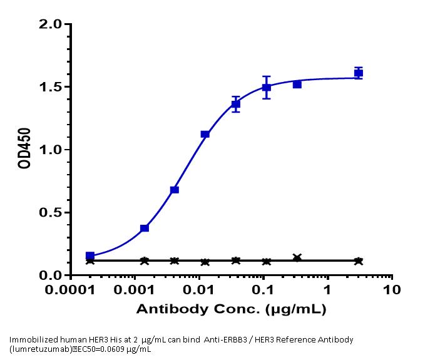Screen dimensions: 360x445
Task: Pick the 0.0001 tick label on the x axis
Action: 72,291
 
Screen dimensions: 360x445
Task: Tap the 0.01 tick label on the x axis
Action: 200,291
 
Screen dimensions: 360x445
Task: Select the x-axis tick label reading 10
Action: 391,291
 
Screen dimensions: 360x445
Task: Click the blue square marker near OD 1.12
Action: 205,134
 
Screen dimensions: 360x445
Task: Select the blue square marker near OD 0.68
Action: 175,190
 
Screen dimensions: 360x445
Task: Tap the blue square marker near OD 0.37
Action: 145,228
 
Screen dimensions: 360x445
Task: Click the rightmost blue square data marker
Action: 358,73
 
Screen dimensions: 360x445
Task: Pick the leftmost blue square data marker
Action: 90,256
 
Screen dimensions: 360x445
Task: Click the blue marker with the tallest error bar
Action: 267,87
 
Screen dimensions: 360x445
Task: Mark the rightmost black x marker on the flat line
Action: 358,261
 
